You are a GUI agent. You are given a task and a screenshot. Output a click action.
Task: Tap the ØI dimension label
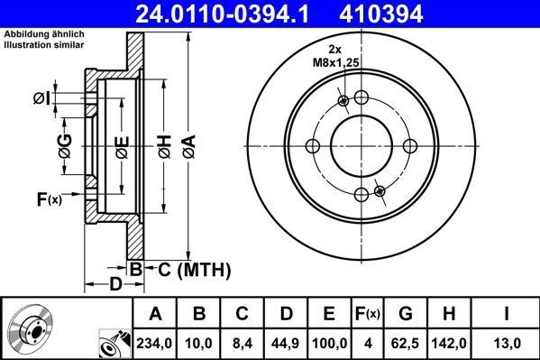tap(65, 97)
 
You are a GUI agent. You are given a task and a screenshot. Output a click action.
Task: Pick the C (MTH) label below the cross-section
tap(188, 270)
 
